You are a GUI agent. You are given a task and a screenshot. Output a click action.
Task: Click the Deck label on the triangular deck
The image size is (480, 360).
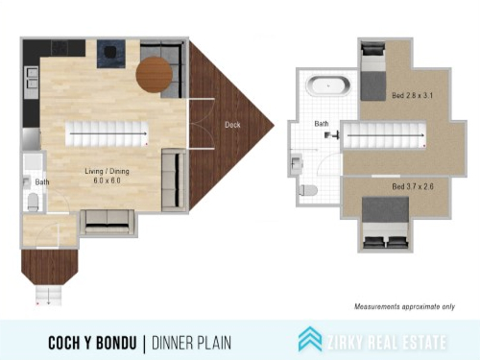(232, 125)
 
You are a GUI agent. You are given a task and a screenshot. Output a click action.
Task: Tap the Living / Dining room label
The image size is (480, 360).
(107, 176)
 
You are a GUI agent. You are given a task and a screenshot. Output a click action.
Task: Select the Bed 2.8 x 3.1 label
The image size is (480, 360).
(412, 95)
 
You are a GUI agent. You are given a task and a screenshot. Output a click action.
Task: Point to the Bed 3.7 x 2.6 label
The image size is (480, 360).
(413, 186)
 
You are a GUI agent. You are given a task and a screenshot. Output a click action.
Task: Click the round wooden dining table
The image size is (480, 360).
(155, 74)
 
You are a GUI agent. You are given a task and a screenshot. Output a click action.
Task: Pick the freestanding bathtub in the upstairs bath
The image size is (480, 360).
(328, 85)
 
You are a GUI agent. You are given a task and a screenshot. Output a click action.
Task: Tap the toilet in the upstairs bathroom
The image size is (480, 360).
(308, 191)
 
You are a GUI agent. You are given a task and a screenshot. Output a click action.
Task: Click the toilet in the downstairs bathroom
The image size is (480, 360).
(33, 202)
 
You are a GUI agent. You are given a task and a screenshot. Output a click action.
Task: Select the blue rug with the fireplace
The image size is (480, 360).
(111, 54)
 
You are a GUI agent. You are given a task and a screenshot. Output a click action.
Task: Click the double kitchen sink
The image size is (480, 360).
(32, 79)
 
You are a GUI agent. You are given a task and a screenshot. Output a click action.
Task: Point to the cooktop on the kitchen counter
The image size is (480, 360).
(60, 48)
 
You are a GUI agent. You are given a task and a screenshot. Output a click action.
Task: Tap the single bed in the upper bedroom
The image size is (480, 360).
(373, 71)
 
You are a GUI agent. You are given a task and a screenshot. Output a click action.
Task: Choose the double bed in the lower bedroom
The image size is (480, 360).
(386, 223)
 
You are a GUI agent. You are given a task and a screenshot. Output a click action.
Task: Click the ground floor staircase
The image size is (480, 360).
(108, 133)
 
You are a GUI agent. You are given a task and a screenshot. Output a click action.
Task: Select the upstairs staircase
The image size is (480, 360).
(385, 135)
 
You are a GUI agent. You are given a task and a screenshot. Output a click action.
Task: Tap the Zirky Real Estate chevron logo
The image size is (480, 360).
(310, 339)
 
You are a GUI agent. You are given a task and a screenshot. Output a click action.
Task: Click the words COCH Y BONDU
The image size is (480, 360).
(92, 343)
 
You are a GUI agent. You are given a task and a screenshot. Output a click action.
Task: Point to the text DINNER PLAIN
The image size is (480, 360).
(191, 343)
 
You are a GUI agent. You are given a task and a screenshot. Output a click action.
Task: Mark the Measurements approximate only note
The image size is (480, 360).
(404, 306)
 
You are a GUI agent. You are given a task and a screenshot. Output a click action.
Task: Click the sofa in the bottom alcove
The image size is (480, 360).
(108, 222)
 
